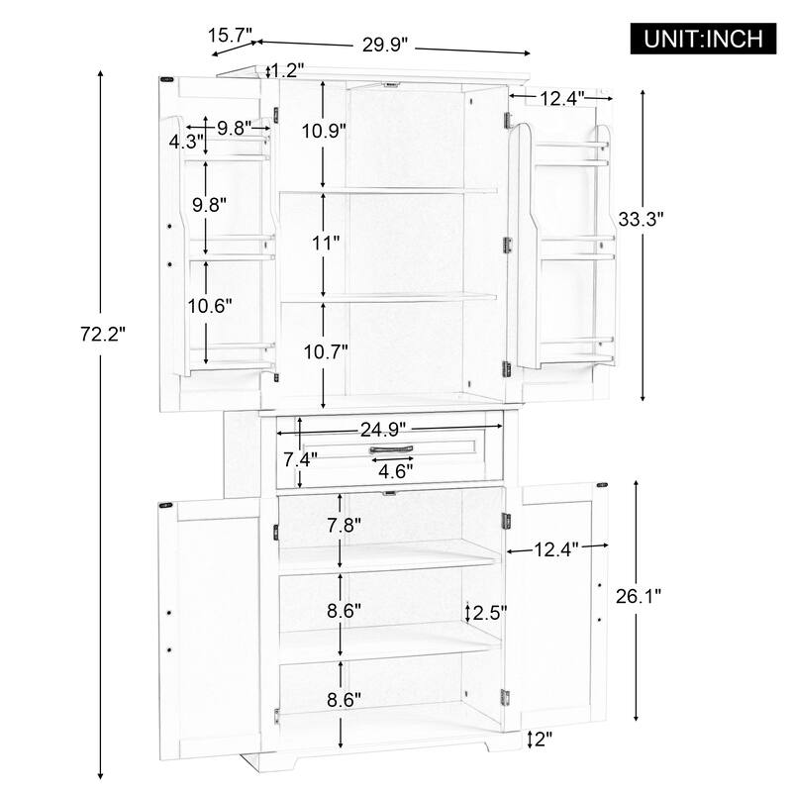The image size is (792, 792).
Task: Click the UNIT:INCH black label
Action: click(x=704, y=39)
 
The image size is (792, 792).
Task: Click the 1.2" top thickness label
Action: click(x=287, y=70)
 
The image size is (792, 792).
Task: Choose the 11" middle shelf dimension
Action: click(x=324, y=242)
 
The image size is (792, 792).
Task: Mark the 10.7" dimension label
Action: click(x=324, y=351)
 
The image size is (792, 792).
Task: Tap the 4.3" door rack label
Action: click(x=185, y=141)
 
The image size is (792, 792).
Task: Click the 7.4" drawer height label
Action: click(x=299, y=459)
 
